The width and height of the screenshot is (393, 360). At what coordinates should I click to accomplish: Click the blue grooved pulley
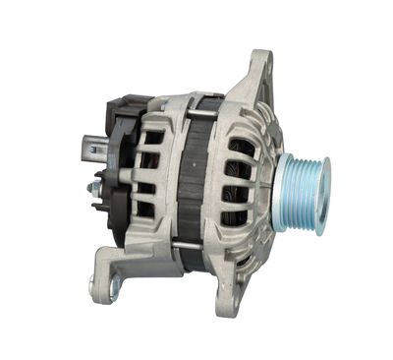[x=304, y=192]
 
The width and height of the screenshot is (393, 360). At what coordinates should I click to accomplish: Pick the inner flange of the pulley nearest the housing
[x=286, y=193]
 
